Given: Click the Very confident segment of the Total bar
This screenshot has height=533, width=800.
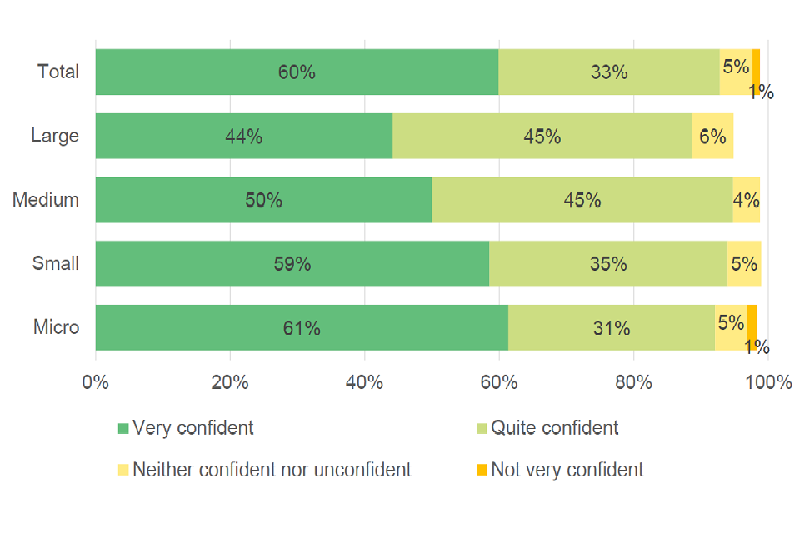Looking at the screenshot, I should point(297,72).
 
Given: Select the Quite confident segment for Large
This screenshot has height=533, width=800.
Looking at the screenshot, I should point(542,136).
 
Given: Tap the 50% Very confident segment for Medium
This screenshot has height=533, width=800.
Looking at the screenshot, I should point(263,200).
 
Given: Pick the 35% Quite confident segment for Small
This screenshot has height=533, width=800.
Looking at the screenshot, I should point(607,264).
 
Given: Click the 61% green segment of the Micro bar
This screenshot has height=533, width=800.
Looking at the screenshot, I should point(302,327).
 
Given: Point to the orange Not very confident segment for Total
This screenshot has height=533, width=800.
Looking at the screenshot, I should point(756,72).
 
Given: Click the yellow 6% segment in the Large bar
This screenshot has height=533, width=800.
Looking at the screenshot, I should point(712,136).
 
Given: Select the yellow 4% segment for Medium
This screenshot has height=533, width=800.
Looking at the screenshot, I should point(746,200).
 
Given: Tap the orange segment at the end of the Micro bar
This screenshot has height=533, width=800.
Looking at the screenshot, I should point(752,327).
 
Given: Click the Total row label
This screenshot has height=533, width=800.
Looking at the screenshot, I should point(58,72).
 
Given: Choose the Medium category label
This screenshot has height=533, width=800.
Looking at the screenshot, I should point(46,200).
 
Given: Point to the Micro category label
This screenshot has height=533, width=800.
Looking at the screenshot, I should point(57,327).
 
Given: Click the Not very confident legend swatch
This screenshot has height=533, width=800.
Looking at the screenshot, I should point(481,471).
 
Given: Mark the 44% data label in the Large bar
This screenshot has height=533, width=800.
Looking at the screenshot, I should point(243,137).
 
